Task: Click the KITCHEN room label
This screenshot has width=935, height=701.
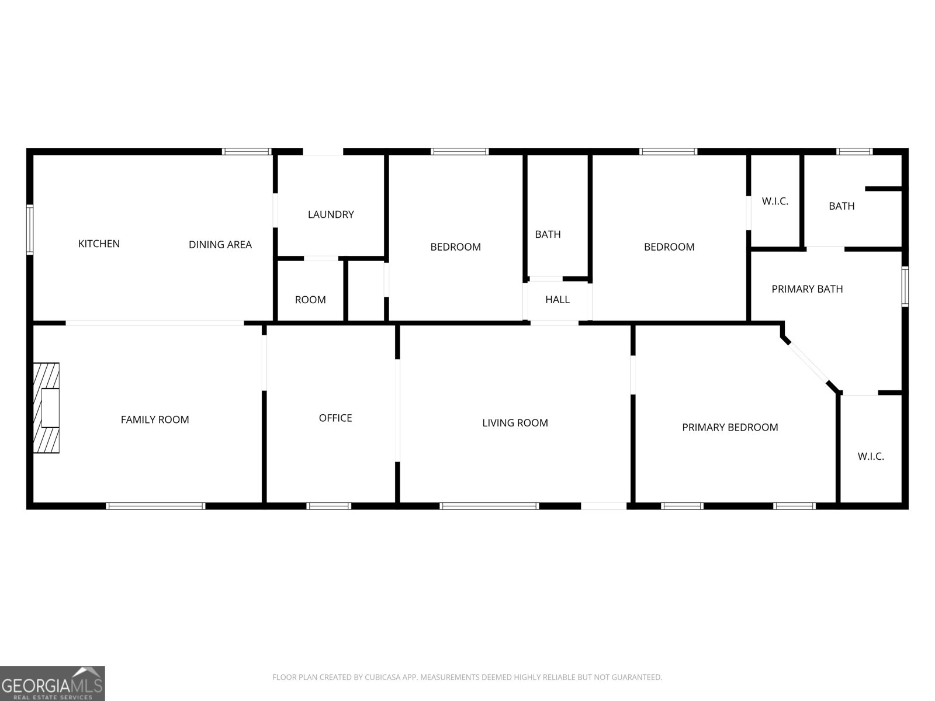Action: click(x=99, y=244)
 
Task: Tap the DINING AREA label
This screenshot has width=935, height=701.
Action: click(x=220, y=245)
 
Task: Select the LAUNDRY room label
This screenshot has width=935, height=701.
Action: click(x=331, y=214)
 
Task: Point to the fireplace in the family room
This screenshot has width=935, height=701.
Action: click(x=46, y=408)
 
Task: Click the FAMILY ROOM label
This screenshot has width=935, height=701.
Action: click(x=155, y=419)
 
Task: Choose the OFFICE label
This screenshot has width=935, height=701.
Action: click(x=335, y=418)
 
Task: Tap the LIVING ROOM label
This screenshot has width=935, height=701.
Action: click(x=515, y=423)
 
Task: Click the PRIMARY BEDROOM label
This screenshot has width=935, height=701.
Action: click(x=730, y=428)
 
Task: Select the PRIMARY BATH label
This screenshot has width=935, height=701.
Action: click(x=807, y=289)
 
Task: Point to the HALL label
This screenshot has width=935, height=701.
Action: click(x=557, y=300)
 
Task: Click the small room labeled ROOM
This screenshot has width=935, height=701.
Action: click(x=310, y=300)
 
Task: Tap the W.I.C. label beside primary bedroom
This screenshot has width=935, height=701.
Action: click(x=871, y=456)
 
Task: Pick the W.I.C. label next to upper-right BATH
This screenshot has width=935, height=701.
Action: click(x=775, y=202)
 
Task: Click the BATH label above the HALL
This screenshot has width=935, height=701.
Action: click(x=548, y=234)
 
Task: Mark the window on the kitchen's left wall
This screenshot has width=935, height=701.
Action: click(x=30, y=230)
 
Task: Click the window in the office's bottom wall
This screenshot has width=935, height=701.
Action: click(x=329, y=506)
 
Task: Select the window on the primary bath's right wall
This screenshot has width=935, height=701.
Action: click(x=905, y=286)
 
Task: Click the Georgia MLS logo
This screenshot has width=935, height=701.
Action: click(x=53, y=683)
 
